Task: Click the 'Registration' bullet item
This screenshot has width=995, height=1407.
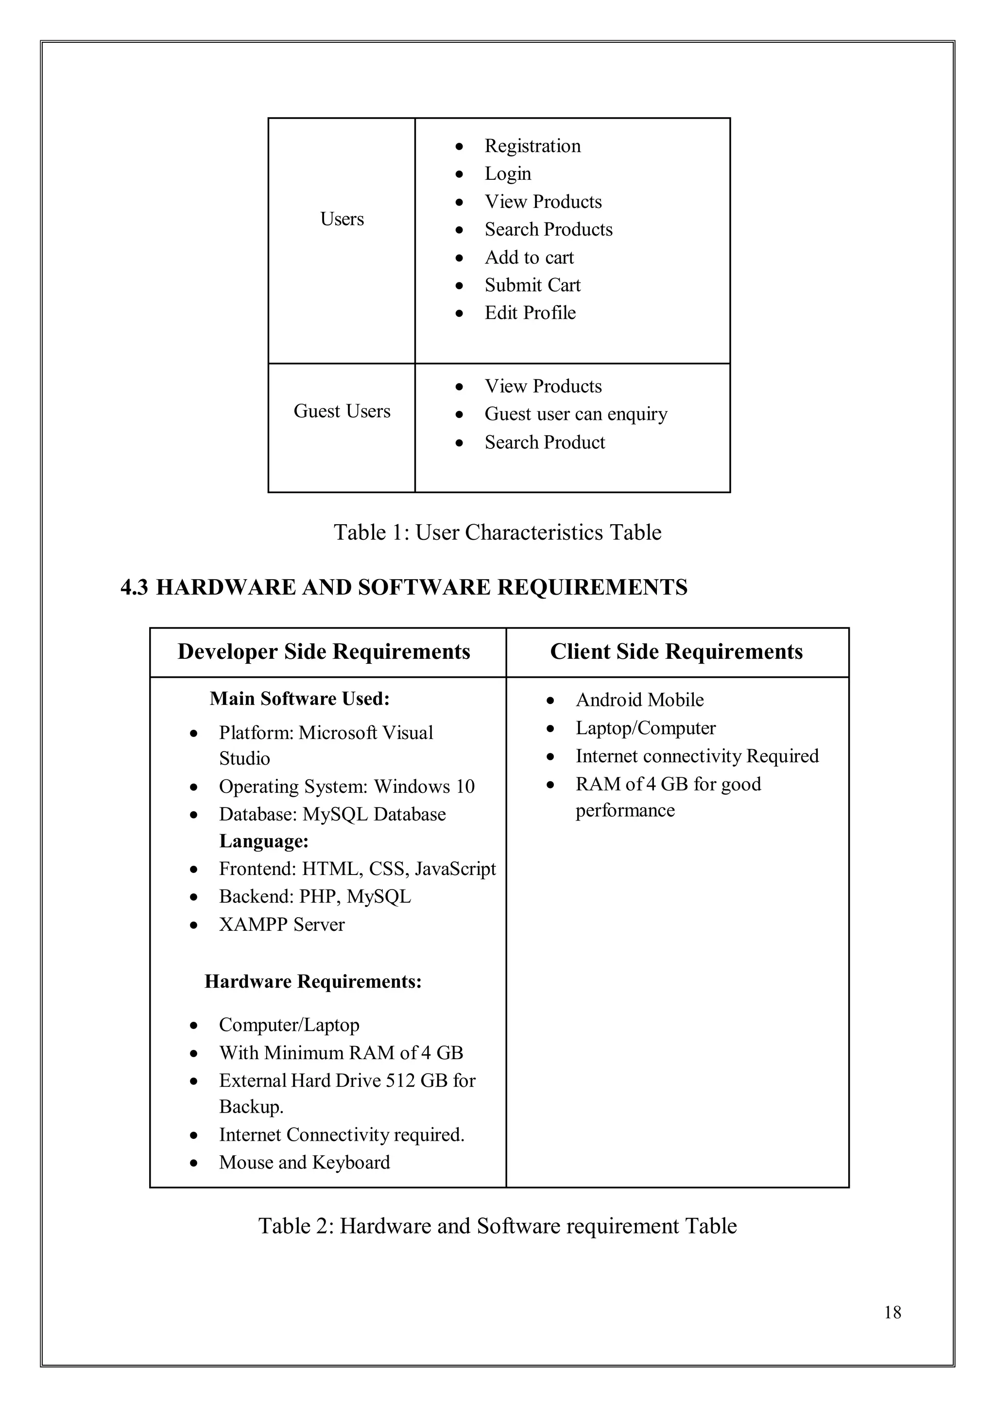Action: click(532, 146)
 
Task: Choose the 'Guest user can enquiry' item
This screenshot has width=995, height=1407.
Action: click(575, 414)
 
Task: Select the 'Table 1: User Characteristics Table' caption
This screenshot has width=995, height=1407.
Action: click(497, 532)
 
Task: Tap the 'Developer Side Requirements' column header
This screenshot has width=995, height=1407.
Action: click(324, 652)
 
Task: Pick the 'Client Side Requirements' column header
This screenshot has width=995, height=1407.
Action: click(676, 652)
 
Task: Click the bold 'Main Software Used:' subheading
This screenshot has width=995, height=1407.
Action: click(300, 699)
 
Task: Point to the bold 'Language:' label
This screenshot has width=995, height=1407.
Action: click(263, 841)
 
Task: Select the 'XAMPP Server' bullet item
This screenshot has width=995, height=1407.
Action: click(281, 924)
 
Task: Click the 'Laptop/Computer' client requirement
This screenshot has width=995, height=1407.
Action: click(645, 728)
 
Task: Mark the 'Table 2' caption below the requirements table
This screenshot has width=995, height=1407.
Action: click(497, 1226)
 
